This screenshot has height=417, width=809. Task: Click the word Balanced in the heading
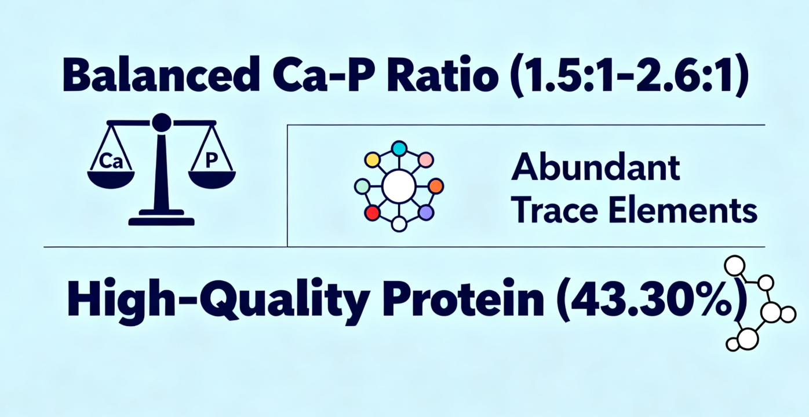point(161,75)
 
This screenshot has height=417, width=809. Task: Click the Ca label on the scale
point(111,161)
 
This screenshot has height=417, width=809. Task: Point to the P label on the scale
point(212,160)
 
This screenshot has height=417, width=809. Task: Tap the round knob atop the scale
point(162,123)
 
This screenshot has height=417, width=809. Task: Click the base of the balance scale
point(162,218)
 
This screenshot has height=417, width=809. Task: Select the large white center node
point(399,186)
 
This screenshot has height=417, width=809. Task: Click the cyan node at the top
point(399,148)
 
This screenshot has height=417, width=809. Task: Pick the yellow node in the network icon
point(373,160)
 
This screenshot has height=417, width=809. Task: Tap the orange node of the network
point(436,186)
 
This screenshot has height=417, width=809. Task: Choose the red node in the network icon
point(373,213)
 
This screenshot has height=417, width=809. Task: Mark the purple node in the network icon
point(426,213)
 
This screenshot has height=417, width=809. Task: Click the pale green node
point(362,186)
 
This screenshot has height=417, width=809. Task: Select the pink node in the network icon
point(426,160)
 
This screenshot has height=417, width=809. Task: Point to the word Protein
point(463,301)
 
